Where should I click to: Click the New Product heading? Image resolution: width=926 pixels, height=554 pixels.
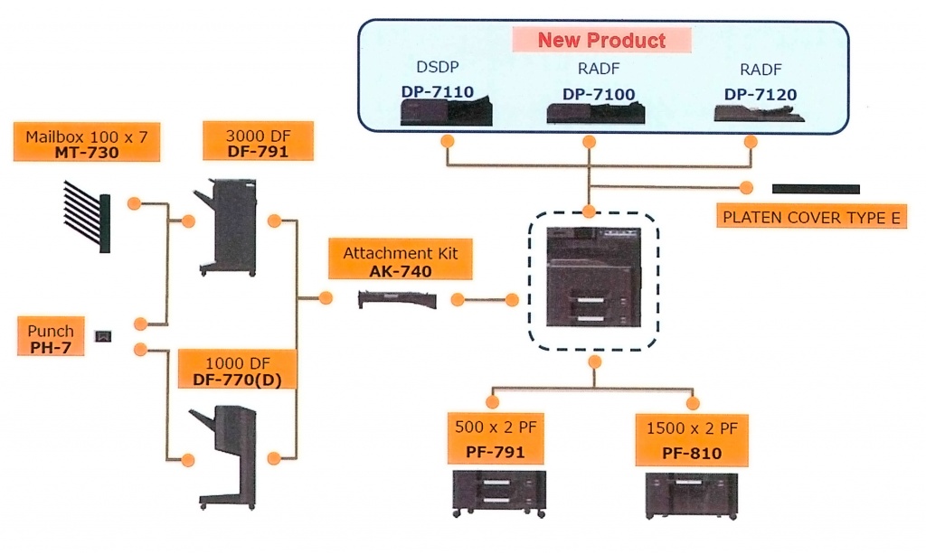601,40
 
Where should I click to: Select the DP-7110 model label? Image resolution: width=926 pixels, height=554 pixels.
439,92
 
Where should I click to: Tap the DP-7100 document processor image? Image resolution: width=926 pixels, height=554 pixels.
595,113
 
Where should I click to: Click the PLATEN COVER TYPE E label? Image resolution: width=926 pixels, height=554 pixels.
809,218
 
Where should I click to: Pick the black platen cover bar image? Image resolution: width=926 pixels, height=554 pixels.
816,189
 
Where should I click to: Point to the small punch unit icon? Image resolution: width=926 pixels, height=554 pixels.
105,336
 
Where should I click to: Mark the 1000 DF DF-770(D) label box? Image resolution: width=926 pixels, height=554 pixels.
237,371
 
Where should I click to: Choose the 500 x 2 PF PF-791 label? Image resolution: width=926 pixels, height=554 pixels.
495,438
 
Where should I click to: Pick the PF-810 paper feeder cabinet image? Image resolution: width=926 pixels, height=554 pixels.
692,495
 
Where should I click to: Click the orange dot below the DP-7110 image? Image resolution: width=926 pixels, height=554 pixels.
447,141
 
